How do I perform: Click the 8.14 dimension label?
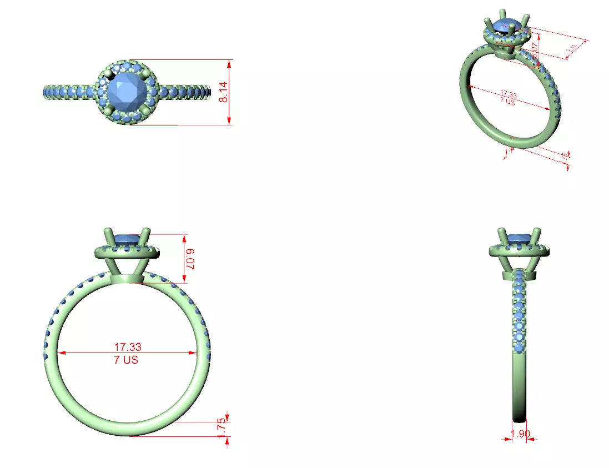tap(223, 92)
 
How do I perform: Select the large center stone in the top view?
tap(127, 91)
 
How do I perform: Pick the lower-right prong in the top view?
tap(145, 110)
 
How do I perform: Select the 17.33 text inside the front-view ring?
tap(127, 347)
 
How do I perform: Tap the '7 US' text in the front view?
tap(127, 360)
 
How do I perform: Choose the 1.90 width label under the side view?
tap(520, 434)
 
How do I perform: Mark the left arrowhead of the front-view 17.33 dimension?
tap(61, 353)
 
